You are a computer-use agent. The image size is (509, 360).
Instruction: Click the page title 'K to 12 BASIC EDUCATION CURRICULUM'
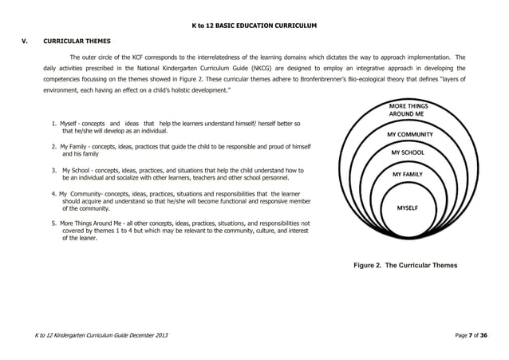coord(254,26)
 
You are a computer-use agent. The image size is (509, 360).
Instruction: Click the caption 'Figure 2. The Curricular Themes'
coord(406,265)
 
